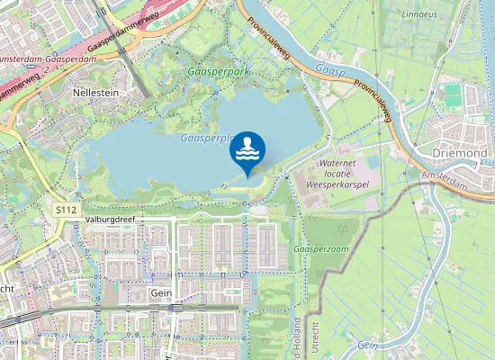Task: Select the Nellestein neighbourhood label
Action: pos(97,93)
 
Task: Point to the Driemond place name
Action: pos(461,153)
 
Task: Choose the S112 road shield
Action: pos(65,210)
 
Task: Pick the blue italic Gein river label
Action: pos(365,345)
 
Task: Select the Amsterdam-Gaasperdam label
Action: pos(45,58)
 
